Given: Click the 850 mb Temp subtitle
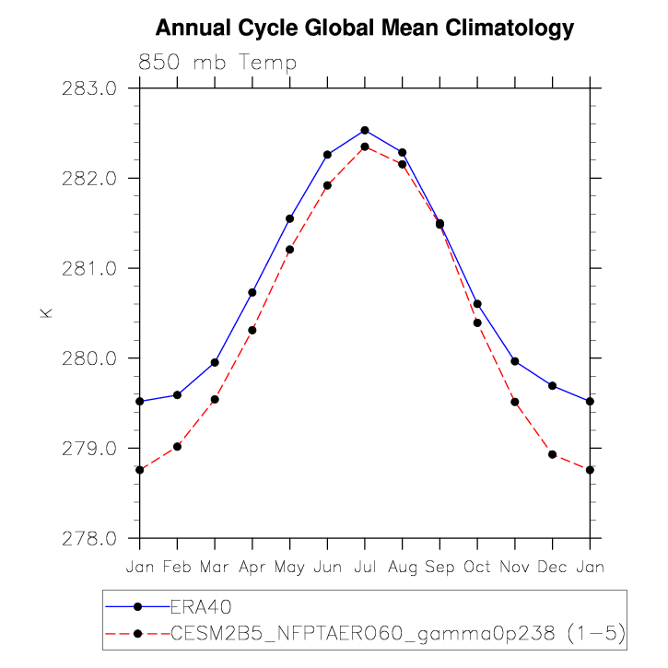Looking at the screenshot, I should [217, 64].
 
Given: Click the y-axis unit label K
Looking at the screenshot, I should [45, 313].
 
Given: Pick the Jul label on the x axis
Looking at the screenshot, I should [365, 567].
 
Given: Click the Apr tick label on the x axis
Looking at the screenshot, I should [252, 567].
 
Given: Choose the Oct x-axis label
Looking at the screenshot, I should [477, 567].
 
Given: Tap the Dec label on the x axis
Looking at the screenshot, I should [552, 567].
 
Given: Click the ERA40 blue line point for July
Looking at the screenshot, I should [365, 130].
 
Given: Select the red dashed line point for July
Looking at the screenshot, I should [365, 146].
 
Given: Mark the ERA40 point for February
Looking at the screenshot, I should [177, 394].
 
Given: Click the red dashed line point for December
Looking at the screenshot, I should [552, 454].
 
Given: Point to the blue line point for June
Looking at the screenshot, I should [327, 154].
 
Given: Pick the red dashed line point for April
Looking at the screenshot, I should [252, 330].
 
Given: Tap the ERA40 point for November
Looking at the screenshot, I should [515, 361].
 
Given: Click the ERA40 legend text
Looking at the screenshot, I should [199, 606].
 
